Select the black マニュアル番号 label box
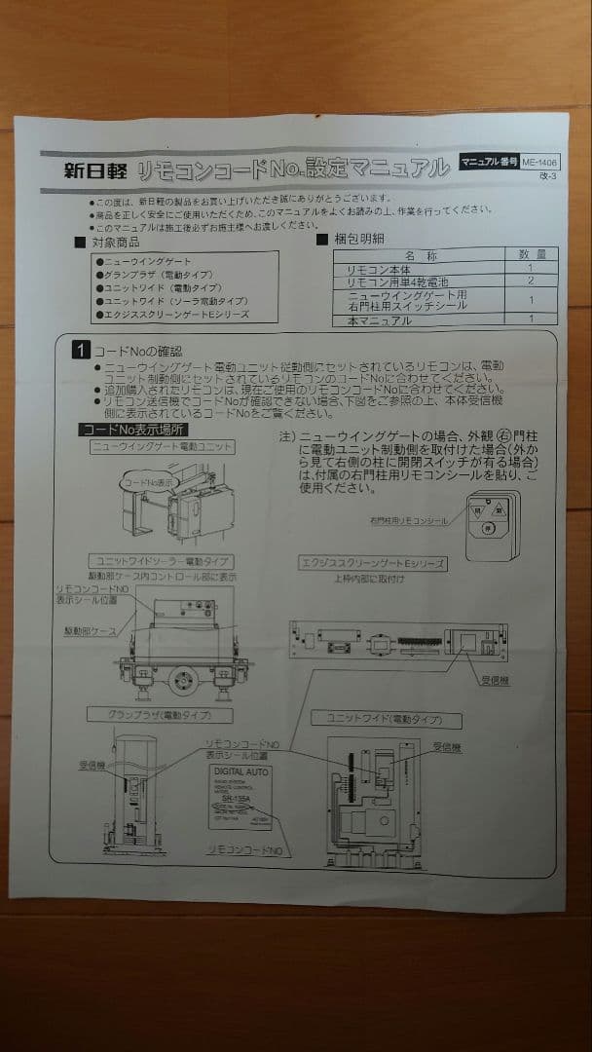[x=488, y=162]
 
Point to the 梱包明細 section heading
[x=362, y=239]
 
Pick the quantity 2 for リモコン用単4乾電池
[x=531, y=281]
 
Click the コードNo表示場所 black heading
[x=134, y=430]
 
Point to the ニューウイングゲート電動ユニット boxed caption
[x=163, y=446]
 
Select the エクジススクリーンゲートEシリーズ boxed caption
[x=373, y=563]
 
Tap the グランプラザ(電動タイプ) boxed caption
[x=157, y=715]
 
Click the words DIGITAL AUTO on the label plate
[x=240, y=770]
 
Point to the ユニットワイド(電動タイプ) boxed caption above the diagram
[x=386, y=720]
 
